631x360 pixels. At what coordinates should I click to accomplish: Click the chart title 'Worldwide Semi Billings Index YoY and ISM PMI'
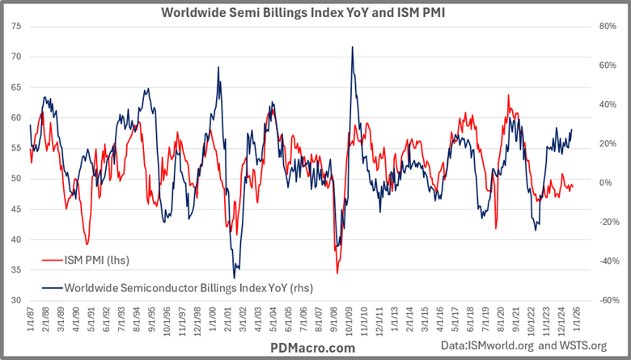tap(315, 13)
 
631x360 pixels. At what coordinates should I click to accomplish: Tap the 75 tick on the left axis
tap(17, 26)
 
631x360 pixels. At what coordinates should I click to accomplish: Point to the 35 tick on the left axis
tap(17, 270)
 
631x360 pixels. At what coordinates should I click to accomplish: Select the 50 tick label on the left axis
tap(17, 179)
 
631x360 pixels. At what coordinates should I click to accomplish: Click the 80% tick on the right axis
tap(607, 26)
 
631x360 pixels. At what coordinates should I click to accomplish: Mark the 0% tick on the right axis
tap(607, 183)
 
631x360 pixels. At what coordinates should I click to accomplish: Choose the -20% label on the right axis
tap(607, 222)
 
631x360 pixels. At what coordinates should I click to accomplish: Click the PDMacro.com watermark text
tap(311, 347)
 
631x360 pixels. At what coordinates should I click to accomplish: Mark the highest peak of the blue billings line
tap(352, 47)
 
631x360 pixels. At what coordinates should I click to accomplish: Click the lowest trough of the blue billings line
tap(235, 278)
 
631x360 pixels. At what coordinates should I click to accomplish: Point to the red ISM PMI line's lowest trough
tap(337, 273)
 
